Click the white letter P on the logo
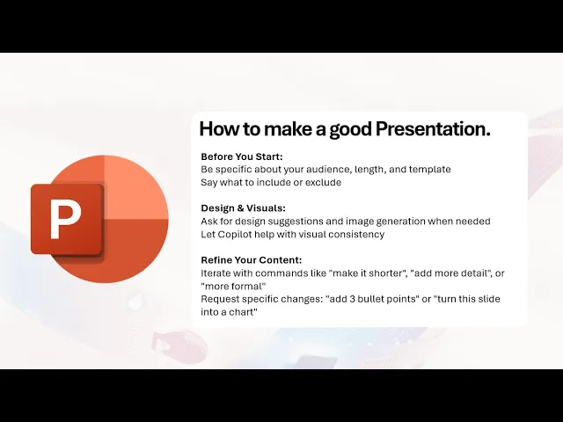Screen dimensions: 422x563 click(x=66, y=220)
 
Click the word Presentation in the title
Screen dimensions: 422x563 click(x=433, y=129)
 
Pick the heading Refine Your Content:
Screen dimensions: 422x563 click(x=251, y=260)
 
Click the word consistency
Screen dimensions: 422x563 click(x=355, y=234)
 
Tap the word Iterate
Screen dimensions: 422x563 click(x=218, y=273)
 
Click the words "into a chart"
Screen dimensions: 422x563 click(x=229, y=311)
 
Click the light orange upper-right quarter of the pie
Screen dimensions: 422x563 click(x=134, y=188)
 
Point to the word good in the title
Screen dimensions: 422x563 click(x=351, y=129)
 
